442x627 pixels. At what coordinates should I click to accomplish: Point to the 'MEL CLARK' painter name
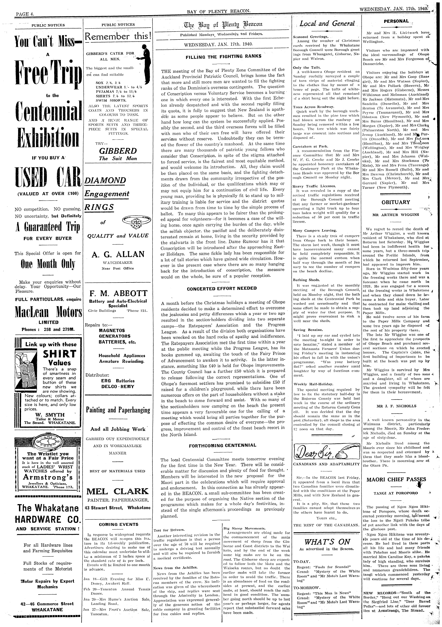[118, 492]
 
